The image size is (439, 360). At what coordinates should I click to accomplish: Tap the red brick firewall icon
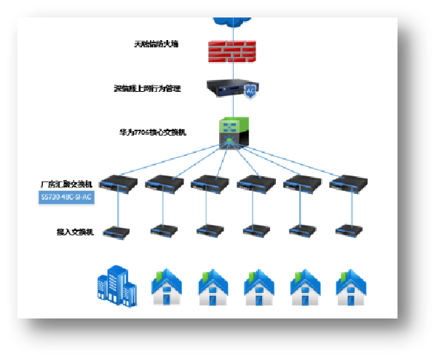230,50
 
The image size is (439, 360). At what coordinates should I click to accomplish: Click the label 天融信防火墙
157,44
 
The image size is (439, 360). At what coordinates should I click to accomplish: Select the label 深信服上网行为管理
147,88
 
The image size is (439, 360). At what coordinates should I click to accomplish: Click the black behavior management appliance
227,89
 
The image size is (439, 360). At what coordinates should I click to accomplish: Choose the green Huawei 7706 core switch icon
235,132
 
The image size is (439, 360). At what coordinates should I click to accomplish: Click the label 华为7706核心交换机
153,133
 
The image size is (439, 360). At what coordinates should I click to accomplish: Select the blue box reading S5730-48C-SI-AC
66,197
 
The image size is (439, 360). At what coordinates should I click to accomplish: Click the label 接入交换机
76,232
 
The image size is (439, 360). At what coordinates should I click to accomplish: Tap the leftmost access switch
116,232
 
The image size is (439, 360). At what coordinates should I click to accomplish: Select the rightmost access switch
348,230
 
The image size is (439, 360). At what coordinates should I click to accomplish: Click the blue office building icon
117,286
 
